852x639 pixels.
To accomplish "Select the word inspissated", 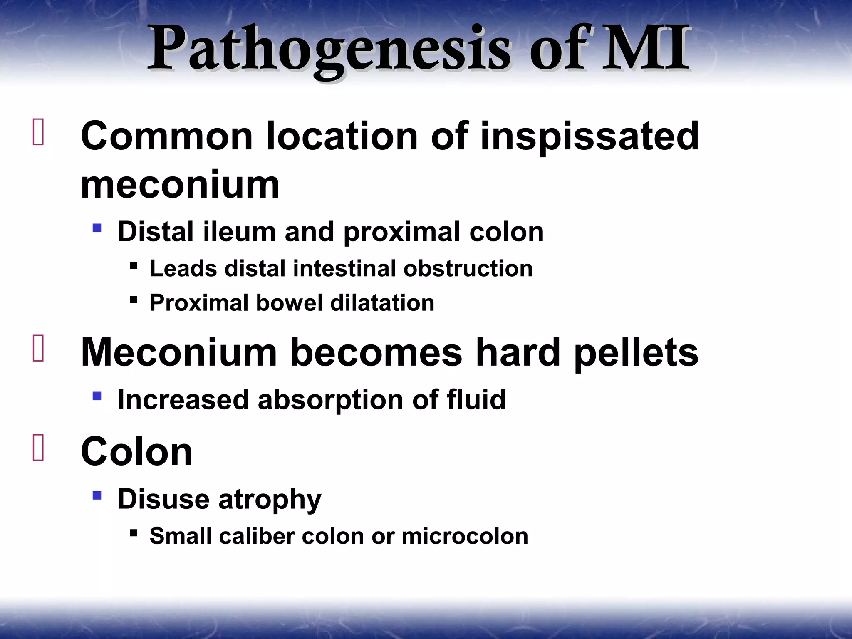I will coord(589,136).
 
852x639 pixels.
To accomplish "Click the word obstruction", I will coord(468,268).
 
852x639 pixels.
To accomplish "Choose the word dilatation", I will coord(382,302).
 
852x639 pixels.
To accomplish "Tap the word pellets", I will coord(636,352).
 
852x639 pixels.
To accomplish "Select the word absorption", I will coord(331,399).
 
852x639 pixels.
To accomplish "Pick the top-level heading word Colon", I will coord(136,452).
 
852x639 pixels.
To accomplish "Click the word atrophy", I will coord(270,499).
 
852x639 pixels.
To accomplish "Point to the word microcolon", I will coord(465,536).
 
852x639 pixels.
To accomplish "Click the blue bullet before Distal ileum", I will coord(97,228).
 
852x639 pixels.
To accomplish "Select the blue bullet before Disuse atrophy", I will coord(97,495).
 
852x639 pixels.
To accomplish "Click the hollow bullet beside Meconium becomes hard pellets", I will coord(38,349).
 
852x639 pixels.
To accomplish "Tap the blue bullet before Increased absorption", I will coord(97,396).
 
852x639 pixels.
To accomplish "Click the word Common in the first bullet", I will coord(167,136).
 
